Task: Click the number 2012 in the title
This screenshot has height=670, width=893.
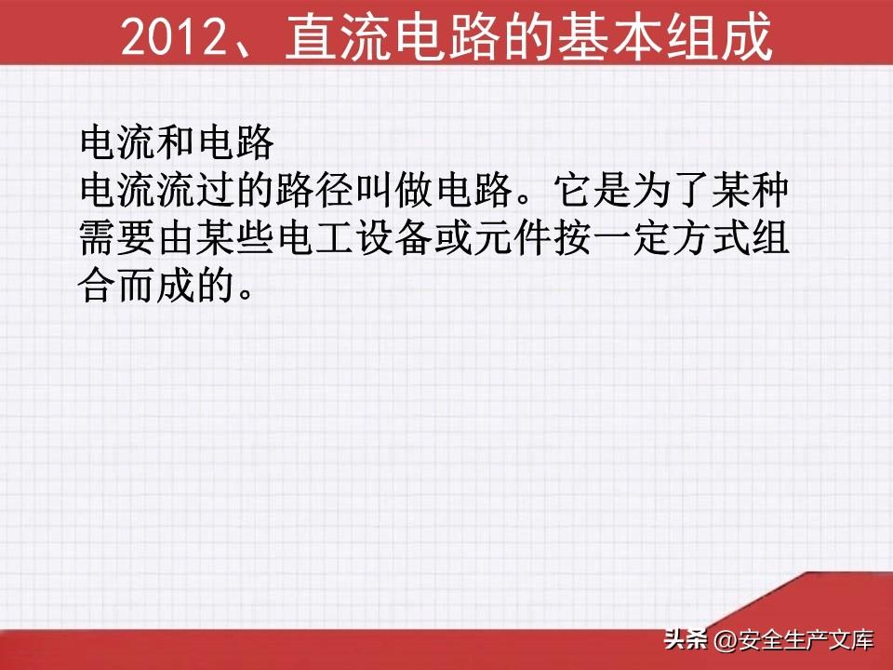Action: point(174,37)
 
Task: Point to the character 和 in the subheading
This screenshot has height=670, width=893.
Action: point(176,142)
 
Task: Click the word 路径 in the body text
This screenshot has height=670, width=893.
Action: point(313,190)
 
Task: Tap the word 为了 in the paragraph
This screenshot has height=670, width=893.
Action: point(670,190)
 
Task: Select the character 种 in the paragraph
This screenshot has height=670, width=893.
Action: point(769,190)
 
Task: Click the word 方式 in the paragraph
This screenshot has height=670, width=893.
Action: point(710,237)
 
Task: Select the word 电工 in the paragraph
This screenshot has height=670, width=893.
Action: point(313,237)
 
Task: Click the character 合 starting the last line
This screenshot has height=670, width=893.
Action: point(97,286)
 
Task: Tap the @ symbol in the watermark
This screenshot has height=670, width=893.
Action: point(725,640)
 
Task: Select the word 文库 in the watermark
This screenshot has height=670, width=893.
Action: point(852,640)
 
